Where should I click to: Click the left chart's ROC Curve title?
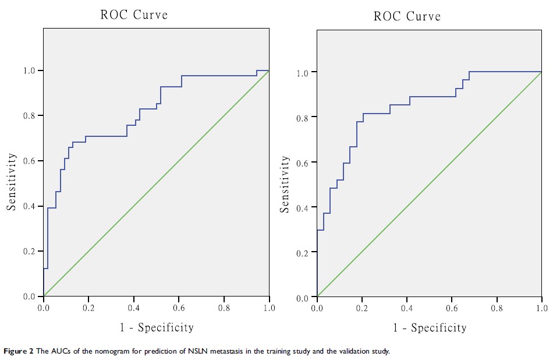click(134, 15)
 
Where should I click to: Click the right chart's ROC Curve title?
click(407, 16)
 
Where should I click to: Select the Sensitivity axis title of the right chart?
click(285, 185)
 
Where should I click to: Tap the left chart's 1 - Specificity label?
click(157, 327)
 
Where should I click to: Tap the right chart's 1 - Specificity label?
click(430, 328)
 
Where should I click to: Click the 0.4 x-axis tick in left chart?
click(134, 307)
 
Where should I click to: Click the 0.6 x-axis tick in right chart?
click(452, 308)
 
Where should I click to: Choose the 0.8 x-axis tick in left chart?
click(224, 307)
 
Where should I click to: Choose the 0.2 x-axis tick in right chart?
click(361, 308)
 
